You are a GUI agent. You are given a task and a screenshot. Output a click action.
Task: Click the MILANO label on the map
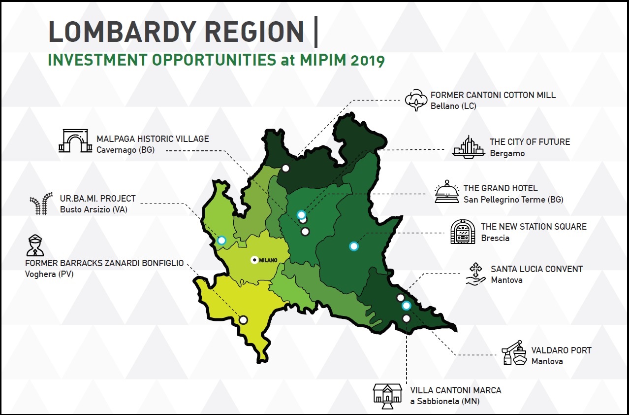[268, 260]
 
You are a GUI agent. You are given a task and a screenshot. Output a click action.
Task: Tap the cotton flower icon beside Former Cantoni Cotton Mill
[416, 100]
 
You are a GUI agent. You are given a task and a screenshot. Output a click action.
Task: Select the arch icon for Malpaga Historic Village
[75, 141]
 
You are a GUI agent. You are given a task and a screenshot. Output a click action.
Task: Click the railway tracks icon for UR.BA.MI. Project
[41, 204]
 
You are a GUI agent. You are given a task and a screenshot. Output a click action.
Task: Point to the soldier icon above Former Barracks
[35, 245]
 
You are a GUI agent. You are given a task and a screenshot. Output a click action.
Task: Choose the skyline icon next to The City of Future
[469, 147]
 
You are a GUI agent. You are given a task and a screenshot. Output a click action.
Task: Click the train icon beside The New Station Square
[463, 232]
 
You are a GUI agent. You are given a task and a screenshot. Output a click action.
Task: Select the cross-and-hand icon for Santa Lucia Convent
[475, 274]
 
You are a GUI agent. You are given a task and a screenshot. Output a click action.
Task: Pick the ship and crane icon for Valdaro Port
[514, 353]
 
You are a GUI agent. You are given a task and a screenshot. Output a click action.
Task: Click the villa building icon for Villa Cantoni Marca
[387, 396]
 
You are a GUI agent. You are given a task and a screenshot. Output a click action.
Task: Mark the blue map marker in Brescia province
[354, 246]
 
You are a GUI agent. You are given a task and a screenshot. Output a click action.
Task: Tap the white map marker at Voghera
[243, 320]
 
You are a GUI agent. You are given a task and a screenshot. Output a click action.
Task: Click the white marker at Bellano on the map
[285, 168]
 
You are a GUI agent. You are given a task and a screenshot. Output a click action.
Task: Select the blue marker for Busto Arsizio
[221, 241]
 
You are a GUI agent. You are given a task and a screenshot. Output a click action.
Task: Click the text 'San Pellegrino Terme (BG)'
[513, 200]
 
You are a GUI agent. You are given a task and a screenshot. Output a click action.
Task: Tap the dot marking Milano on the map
[254, 260]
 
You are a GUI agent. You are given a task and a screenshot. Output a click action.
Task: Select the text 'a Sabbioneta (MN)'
[445, 401]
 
